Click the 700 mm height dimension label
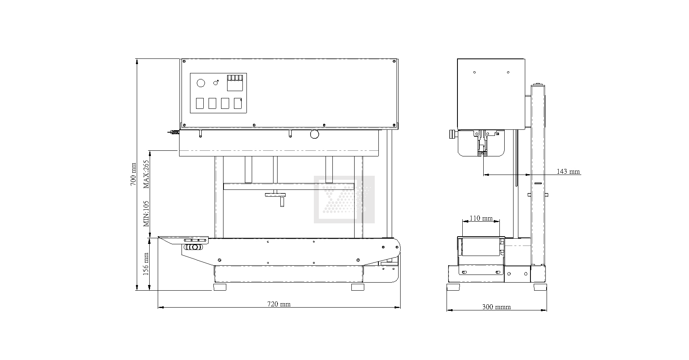tap(133, 174)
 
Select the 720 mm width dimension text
tap(279, 304)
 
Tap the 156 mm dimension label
tap(146, 264)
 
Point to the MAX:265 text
tap(146, 174)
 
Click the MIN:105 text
tap(146, 214)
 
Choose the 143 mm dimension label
tap(568, 171)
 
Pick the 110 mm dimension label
tap(481, 218)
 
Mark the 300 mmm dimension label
tap(497, 306)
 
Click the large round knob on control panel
tap(200, 83)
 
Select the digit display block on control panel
tap(235, 83)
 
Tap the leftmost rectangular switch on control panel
tap(200, 103)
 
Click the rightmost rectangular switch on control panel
tap(238, 103)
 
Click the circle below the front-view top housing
tap(314, 134)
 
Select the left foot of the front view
tap(219, 287)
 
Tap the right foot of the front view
tap(358, 287)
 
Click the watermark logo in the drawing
tap(344, 200)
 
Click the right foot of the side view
tap(540, 287)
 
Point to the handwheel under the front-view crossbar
tap(275, 195)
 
